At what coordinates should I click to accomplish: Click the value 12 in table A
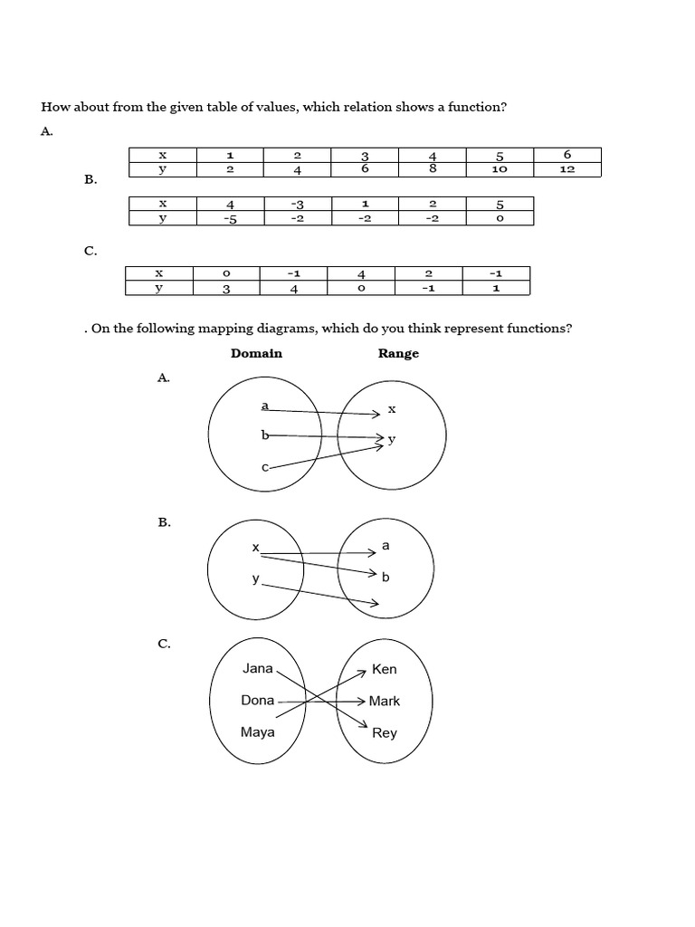[x=567, y=169]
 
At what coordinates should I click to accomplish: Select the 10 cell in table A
[x=500, y=169]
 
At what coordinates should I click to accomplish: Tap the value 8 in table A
[x=433, y=169]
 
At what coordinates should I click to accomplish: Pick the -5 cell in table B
[x=230, y=218]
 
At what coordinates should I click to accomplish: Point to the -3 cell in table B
[x=298, y=205]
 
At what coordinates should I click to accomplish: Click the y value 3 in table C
[x=226, y=289]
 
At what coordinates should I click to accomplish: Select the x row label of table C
[x=159, y=272]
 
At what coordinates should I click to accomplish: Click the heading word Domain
[x=256, y=353]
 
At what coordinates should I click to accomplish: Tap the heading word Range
[x=398, y=353]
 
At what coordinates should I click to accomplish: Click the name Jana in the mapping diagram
[x=258, y=669]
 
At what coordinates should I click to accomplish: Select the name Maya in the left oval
[x=258, y=731]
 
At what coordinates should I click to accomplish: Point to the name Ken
[x=385, y=670]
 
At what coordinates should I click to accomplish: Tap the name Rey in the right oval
[x=385, y=732]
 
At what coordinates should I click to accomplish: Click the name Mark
[x=385, y=701]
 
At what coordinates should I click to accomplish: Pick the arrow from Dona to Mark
[x=321, y=701]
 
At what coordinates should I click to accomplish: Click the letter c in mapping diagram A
[x=264, y=467]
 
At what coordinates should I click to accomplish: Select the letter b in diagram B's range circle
[x=386, y=577]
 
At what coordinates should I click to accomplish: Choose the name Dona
[x=258, y=700]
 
